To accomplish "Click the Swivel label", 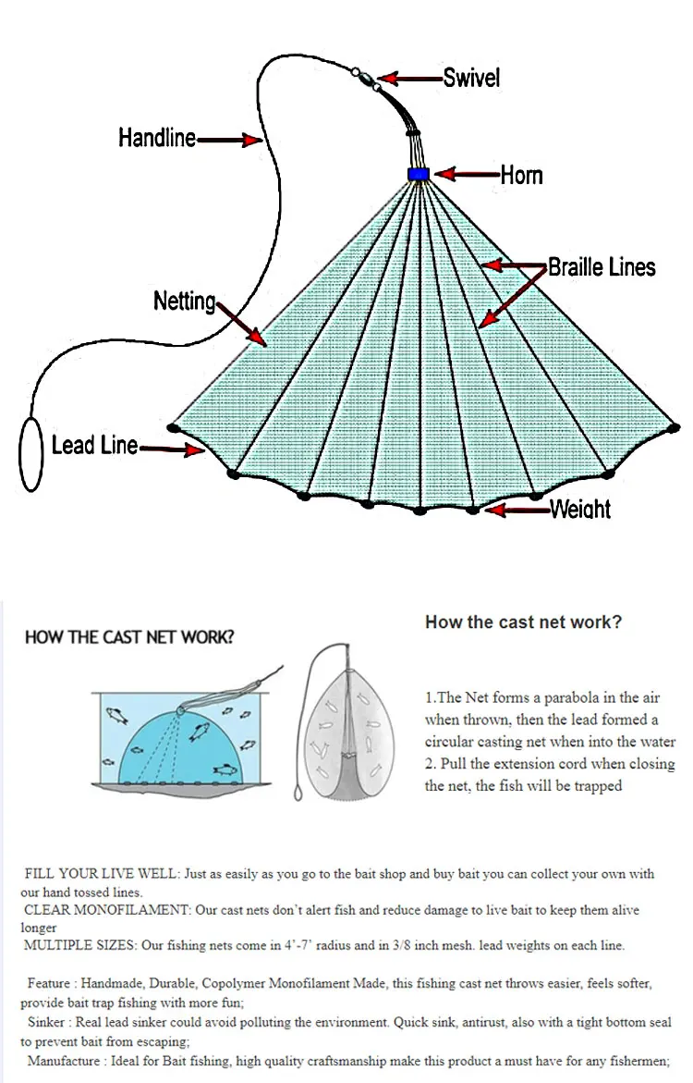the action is click(x=471, y=78).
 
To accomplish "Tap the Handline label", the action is click(x=157, y=139).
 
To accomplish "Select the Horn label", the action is click(x=521, y=175).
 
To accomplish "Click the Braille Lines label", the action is click(x=602, y=267).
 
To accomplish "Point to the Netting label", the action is click(x=185, y=302).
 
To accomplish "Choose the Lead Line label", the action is click(x=94, y=446).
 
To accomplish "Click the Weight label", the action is click(x=580, y=509).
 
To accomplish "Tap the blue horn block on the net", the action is click(x=419, y=174).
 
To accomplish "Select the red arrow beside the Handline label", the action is click(x=229, y=140).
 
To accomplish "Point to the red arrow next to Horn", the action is click(x=467, y=174).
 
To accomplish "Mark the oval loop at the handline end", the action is click(x=31, y=454).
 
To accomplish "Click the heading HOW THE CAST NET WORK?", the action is click(x=129, y=637).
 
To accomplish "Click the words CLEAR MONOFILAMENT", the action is click(x=105, y=911).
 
